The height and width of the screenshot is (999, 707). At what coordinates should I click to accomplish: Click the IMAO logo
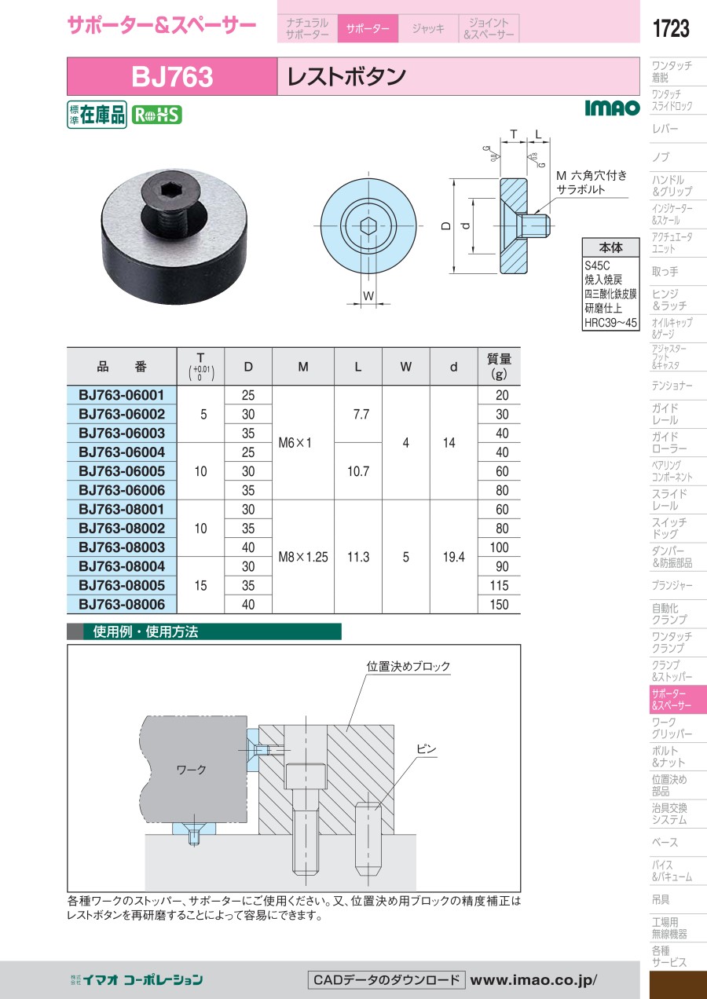(612, 108)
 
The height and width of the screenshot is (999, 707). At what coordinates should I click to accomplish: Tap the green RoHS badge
(157, 115)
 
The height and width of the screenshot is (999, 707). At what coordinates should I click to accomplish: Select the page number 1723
(671, 28)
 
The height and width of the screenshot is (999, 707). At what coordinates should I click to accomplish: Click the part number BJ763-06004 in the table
(122, 452)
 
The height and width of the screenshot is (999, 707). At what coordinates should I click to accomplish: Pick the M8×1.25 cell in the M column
(303, 557)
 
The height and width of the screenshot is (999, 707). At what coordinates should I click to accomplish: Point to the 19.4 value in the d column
(453, 557)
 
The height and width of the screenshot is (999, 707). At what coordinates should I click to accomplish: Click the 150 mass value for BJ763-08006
(499, 605)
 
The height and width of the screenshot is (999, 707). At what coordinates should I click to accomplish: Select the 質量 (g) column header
(499, 366)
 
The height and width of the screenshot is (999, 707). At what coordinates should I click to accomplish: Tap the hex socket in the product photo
(167, 192)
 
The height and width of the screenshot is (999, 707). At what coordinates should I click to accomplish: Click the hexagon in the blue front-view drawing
(368, 225)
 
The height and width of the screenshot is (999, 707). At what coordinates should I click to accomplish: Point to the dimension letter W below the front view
(368, 295)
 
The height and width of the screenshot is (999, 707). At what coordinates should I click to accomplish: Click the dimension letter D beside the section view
(446, 226)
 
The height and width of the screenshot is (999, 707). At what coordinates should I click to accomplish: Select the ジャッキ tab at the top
(428, 28)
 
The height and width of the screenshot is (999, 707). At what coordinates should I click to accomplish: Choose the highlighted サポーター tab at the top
(368, 28)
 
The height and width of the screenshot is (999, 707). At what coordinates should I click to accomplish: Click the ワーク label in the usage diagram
(192, 770)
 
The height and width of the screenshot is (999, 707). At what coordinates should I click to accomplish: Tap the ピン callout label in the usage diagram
(427, 749)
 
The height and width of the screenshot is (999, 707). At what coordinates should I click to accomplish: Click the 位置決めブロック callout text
(408, 666)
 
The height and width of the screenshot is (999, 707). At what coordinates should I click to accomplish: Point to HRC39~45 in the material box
(610, 323)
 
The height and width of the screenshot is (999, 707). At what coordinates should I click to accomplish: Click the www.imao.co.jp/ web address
(533, 980)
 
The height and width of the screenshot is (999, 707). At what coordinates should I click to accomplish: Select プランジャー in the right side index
(672, 585)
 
